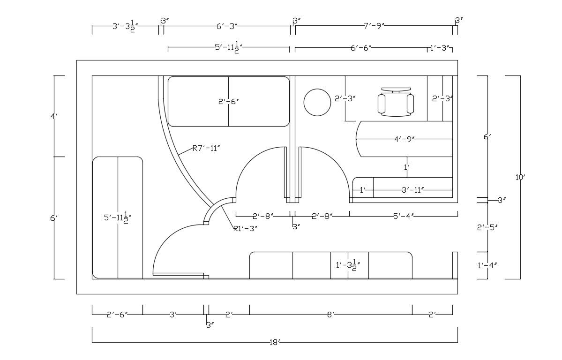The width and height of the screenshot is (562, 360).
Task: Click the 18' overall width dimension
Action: [x=275, y=343]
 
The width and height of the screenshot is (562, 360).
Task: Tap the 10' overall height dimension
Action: [x=520, y=177]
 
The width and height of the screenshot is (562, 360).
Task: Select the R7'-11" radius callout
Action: [x=206, y=149]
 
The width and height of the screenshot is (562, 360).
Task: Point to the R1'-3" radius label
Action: [x=245, y=229]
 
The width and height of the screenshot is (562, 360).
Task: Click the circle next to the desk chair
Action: [x=317, y=102]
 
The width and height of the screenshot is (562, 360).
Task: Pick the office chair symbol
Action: [x=397, y=102]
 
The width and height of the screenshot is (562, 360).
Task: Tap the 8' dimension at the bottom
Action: [x=330, y=315]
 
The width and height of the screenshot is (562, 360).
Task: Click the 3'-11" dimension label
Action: [x=413, y=190]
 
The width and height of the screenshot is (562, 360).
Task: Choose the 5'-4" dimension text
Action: [x=403, y=216]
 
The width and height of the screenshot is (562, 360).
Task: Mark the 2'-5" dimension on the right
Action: [x=487, y=227]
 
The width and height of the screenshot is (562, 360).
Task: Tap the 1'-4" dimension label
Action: [x=487, y=265]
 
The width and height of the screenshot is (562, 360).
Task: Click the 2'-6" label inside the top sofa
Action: [x=228, y=101]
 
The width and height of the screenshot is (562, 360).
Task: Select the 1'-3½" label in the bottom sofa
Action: [x=348, y=266]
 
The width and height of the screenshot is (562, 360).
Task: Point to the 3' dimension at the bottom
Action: [x=173, y=315]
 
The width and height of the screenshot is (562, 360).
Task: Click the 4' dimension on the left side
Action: [x=54, y=116]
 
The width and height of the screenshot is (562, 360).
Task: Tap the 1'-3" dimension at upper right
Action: [x=440, y=47]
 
